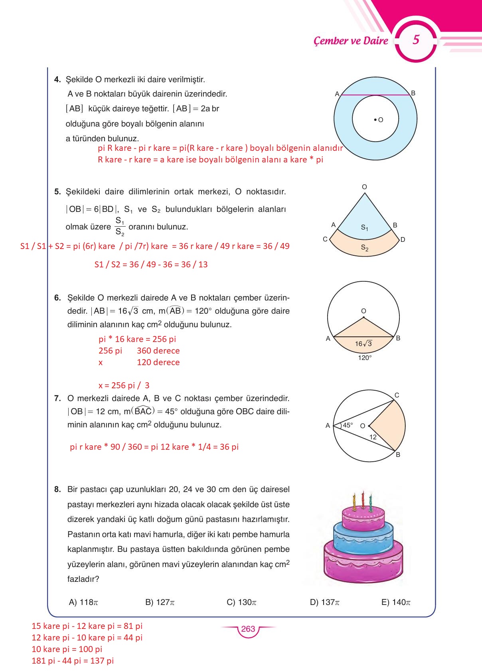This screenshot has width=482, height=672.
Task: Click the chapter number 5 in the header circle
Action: click(x=416, y=40)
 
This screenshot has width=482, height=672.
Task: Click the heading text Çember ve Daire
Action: click(x=351, y=41)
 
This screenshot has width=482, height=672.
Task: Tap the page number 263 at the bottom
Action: click(x=248, y=629)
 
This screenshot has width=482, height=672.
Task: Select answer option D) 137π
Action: click(x=324, y=602)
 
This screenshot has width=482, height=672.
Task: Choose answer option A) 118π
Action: click(x=83, y=602)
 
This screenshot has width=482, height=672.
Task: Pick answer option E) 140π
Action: click(x=396, y=602)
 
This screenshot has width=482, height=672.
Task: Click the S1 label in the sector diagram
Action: click(x=364, y=227)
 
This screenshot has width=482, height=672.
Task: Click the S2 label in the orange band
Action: click(x=364, y=248)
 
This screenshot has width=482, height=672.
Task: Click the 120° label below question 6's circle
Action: click(x=364, y=358)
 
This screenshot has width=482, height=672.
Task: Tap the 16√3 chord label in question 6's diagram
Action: click(x=363, y=344)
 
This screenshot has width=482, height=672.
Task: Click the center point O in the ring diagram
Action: click(x=375, y=119)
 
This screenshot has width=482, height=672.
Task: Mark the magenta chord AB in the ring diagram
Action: click(x=375, y=95)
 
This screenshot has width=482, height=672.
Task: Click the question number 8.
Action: click(x=57, y=489)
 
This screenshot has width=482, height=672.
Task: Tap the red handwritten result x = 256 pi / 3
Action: click(x=124, y=385)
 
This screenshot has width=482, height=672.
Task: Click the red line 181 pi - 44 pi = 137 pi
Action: click(x=73, y=661)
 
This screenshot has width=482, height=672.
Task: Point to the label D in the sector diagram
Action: click(x=403, y=239)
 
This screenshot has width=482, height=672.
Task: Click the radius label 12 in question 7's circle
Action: click(x=373, y=437)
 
